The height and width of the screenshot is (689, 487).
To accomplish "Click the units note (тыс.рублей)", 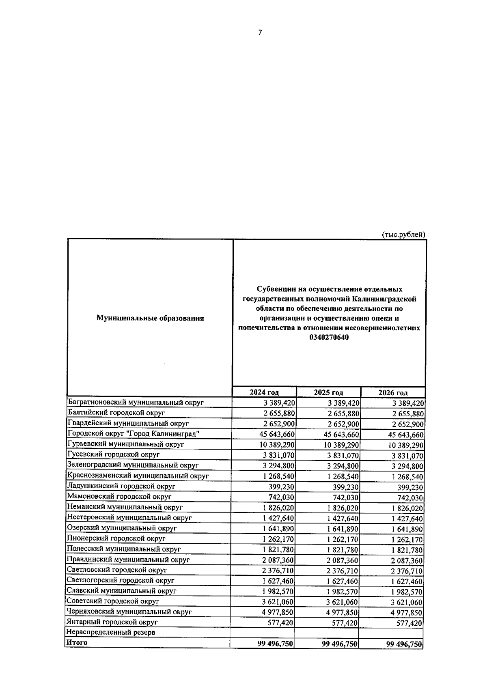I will click(404, 235).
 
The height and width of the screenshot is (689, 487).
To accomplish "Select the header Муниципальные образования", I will click(150, 319).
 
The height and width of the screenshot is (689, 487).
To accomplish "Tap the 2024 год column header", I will click(264, 392).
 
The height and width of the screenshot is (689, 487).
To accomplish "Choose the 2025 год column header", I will click(328, 392).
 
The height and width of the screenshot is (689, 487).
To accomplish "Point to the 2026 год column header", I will click(392, 393).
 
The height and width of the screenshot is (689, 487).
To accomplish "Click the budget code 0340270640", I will click(329, 338).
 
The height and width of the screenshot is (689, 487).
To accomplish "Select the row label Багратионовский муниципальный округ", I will click(136, 403).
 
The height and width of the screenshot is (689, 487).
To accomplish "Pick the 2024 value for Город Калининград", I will click(276, 435).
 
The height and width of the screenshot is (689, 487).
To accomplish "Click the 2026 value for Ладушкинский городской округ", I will click(410, 487).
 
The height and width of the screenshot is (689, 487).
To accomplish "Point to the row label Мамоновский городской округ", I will click(119, 497).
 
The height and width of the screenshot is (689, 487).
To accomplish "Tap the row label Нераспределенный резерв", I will click(111, 632).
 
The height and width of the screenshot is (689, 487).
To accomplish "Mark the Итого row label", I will click(77, 643).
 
